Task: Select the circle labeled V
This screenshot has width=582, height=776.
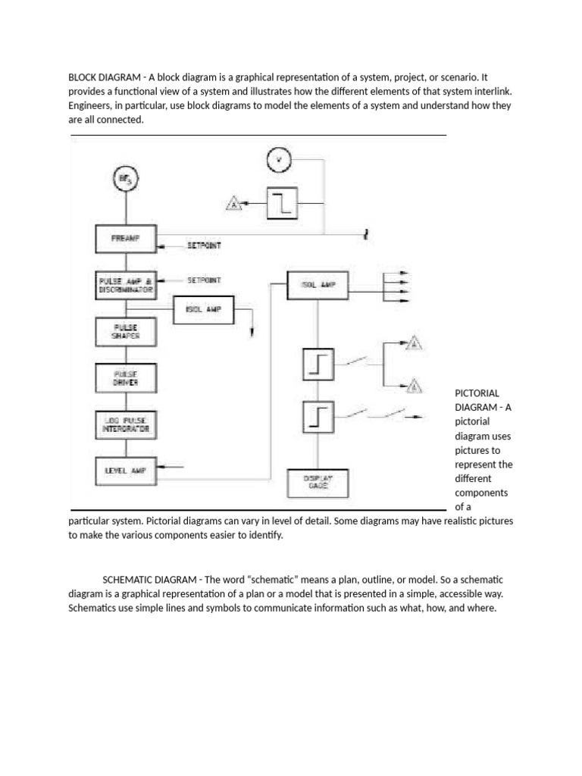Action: point(280,160)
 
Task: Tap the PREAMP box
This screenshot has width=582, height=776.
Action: point(126,239)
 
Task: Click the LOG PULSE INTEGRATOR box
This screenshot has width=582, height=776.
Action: point(126,424)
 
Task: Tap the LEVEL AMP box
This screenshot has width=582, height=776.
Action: point(126,470)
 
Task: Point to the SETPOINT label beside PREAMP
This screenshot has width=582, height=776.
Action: point(204,246)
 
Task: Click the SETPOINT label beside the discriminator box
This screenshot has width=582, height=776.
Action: point(204,280)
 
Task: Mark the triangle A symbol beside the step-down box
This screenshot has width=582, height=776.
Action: point(234,203)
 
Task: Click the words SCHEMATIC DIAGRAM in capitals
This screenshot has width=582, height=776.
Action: point(145,580)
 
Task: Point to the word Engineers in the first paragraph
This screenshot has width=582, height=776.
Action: point(89,105)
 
